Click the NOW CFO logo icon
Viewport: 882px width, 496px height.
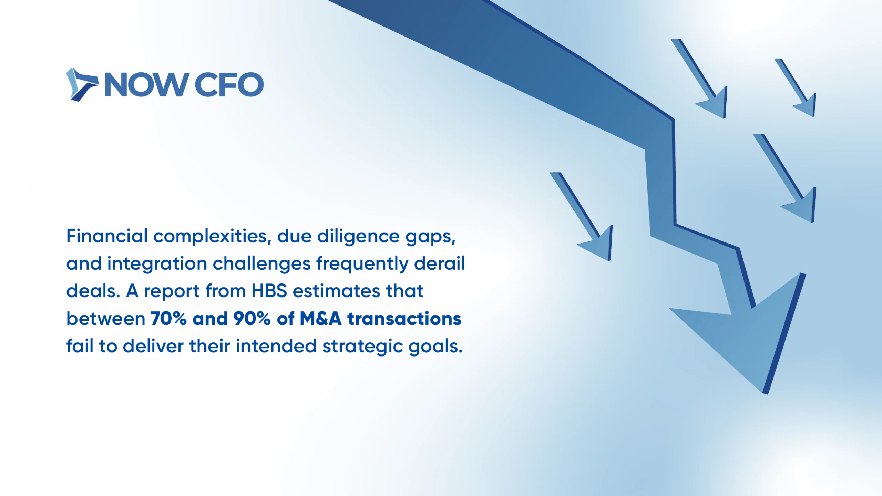(x=82, y=84)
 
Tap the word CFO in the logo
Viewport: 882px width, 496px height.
(x=229, y=85)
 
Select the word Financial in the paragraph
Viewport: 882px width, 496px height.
(x=107, y=236)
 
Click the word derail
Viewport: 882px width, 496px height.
(x=439, y=263)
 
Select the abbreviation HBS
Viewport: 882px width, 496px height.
(x=269, y=291)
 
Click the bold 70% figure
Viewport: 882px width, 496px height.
(x=168, y=319)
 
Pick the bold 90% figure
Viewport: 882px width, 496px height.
(x=252, y=319)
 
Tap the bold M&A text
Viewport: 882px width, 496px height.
(x=320, y=319)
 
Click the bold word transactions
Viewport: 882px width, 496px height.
(x=404, y=319)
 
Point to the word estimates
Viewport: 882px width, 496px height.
(x=336, y=291)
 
